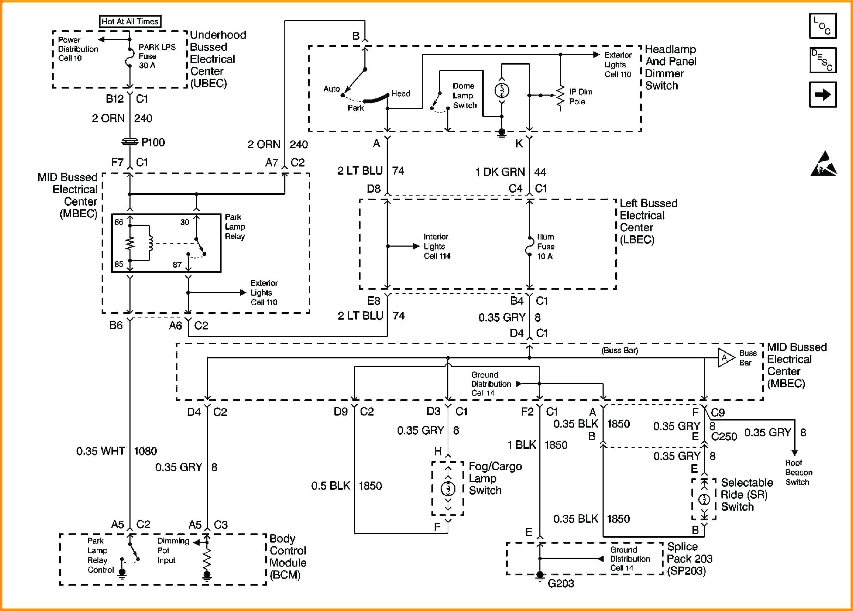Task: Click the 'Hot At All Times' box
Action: click(x=130, y=22)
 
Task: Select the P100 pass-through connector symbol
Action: click(x=130, y=142)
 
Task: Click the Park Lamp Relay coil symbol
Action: click(x=150, y=243)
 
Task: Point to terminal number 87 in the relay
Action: click(x=177, y=265)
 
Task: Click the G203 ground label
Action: click(x=561, y=583)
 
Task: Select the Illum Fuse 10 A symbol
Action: click(x=529, y=247)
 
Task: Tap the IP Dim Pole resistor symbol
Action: click(x=561, y=97)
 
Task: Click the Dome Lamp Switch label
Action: click(x=464, y=96)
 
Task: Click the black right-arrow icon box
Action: click(x=823, y=95)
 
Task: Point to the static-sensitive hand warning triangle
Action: click(x=824, y=164)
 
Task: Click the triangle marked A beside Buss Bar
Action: click(x=725, y=358)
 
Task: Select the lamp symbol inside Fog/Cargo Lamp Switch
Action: click(x=448, y=489)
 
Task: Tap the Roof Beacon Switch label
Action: click(x=798, y=472)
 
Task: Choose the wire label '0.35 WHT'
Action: click(x=101, y=451)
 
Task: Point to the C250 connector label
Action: click(x=724, y=436)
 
